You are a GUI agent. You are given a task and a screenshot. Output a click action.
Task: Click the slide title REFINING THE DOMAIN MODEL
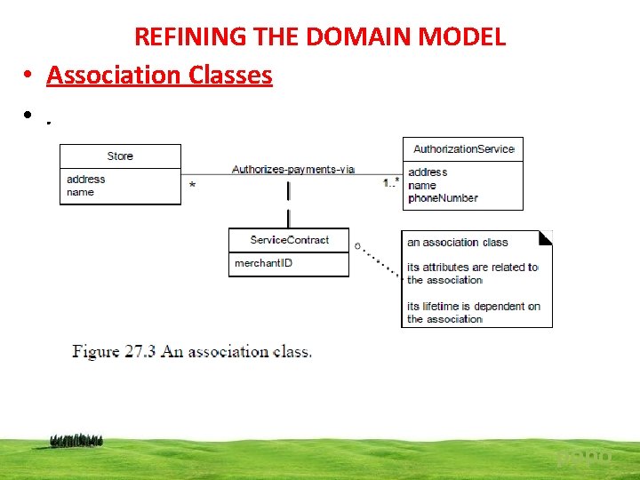tap(320, 36)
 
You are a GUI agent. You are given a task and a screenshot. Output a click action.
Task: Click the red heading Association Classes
tap(159, 75)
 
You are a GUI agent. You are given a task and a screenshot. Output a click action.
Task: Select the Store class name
tap(120, 156)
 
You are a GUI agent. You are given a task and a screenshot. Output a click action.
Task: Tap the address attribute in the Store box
tap(86, 179)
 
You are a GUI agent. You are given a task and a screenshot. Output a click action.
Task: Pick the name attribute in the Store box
tap(80, 192)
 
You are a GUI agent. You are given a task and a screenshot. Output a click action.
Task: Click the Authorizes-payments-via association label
tap(292, 169)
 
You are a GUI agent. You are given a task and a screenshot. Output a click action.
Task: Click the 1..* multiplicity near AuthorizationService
tap(390, 183)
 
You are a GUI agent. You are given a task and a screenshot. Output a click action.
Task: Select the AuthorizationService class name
tap(463, 149)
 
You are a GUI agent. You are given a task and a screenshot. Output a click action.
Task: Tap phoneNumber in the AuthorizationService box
tap(443, 198)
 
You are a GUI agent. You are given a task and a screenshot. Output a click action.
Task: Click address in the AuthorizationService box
tap(428, 172)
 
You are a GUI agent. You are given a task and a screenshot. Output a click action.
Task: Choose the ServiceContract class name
tap(289, 240)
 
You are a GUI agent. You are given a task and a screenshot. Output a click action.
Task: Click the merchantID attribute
tap(263, 263)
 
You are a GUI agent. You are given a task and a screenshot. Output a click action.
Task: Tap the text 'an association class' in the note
tap(457, 242)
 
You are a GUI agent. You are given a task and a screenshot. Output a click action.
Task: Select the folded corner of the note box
tap(546, 237)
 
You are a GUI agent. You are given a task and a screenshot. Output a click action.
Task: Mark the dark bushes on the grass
tap(76, 439)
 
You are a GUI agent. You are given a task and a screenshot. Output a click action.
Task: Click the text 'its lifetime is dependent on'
tap(473, 307)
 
